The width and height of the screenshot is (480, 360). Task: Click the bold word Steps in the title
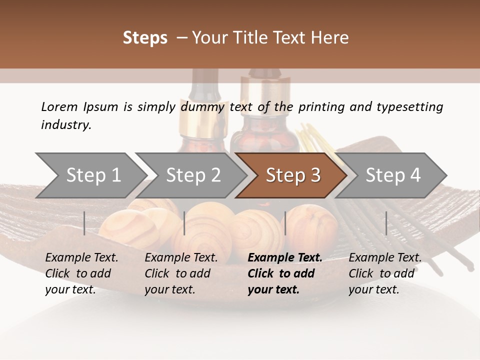coord(145,38)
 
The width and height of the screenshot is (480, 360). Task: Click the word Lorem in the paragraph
coord(59,106)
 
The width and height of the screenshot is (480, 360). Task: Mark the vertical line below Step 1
coord(84,223)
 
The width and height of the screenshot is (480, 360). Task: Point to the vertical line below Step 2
coord(184,223)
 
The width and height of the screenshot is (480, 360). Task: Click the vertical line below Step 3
coord(285,223)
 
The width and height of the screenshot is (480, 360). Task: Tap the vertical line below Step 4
coord(386,223)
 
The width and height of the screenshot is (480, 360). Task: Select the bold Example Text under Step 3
coord(285,257)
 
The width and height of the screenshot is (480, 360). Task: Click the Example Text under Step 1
coord(81,257)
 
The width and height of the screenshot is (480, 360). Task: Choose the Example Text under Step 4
coord(385,257)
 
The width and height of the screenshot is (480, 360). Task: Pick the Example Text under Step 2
coord(181,257)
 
